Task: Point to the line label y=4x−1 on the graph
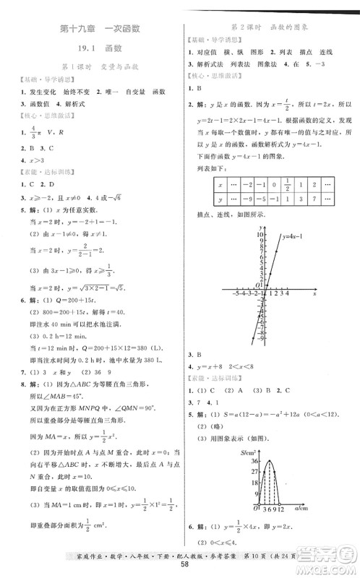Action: point(291,237)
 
